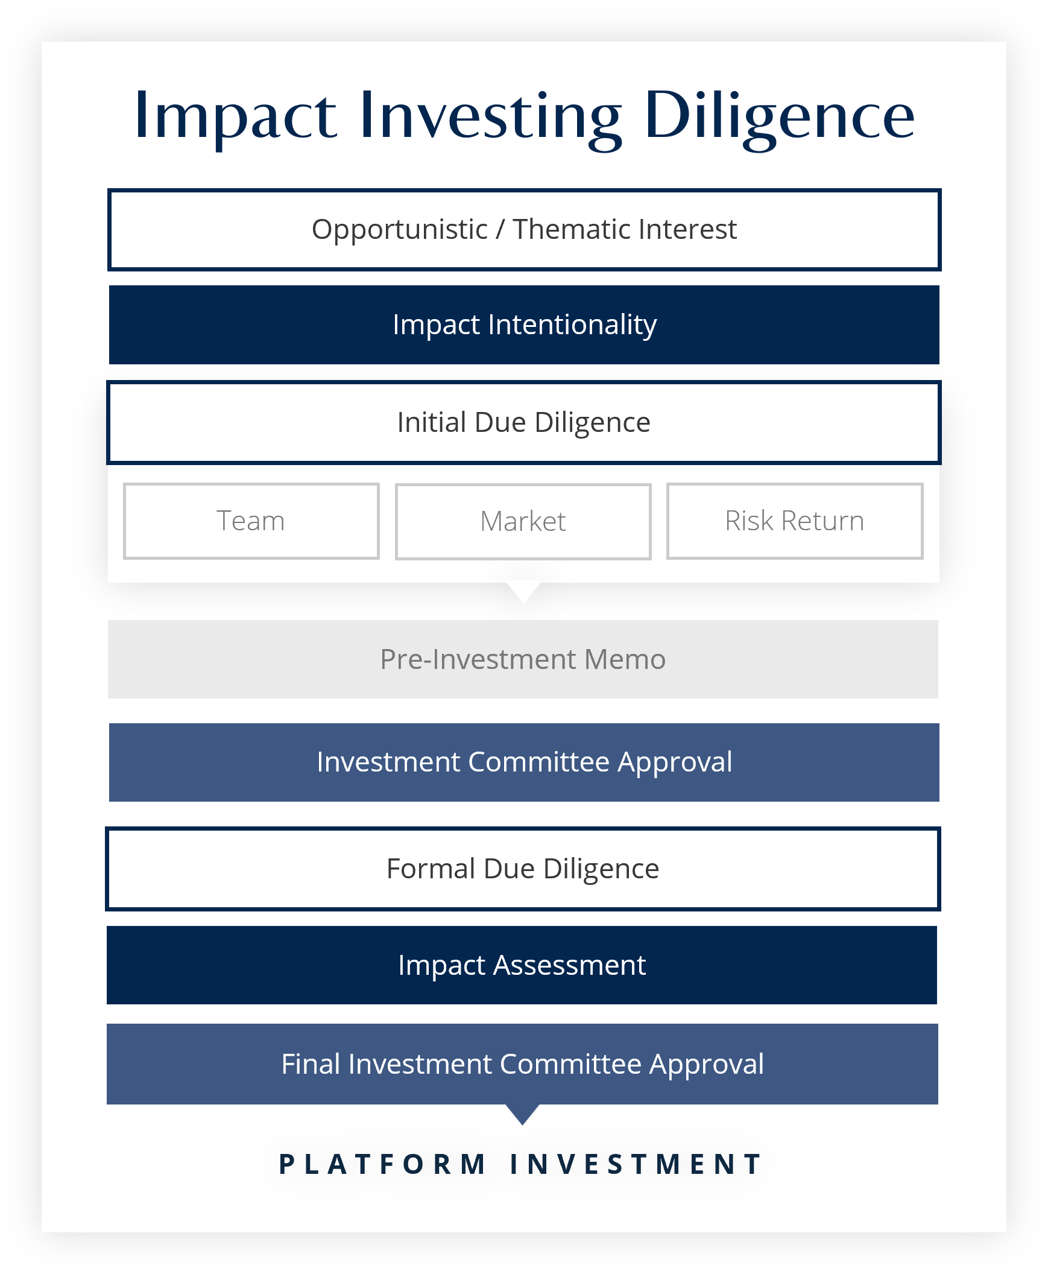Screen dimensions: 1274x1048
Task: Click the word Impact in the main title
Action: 235,116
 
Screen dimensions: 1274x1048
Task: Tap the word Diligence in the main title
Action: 779,116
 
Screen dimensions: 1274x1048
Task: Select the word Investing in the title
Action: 490,116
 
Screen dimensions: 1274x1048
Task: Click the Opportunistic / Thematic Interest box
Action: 524,230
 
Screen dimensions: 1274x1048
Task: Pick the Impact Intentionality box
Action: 524,325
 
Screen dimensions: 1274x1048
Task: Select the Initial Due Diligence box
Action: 524,423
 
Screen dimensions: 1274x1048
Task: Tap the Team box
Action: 251,521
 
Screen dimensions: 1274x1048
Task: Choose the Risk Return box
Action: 795,521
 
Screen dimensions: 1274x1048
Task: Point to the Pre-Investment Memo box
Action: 523,659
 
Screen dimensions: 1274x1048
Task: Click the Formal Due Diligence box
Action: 523,869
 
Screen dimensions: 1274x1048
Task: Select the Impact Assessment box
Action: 522,965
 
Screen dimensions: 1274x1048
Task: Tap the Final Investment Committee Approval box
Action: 522,1064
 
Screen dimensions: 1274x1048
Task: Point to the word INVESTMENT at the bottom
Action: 636,1164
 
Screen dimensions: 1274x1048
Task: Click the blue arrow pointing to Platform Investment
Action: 522,1114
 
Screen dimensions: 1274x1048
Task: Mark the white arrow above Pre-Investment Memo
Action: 523,591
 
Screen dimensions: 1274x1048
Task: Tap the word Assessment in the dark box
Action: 569,965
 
